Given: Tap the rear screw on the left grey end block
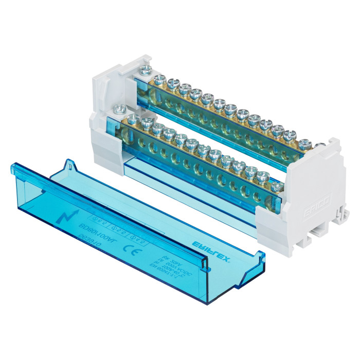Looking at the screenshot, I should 144,69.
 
